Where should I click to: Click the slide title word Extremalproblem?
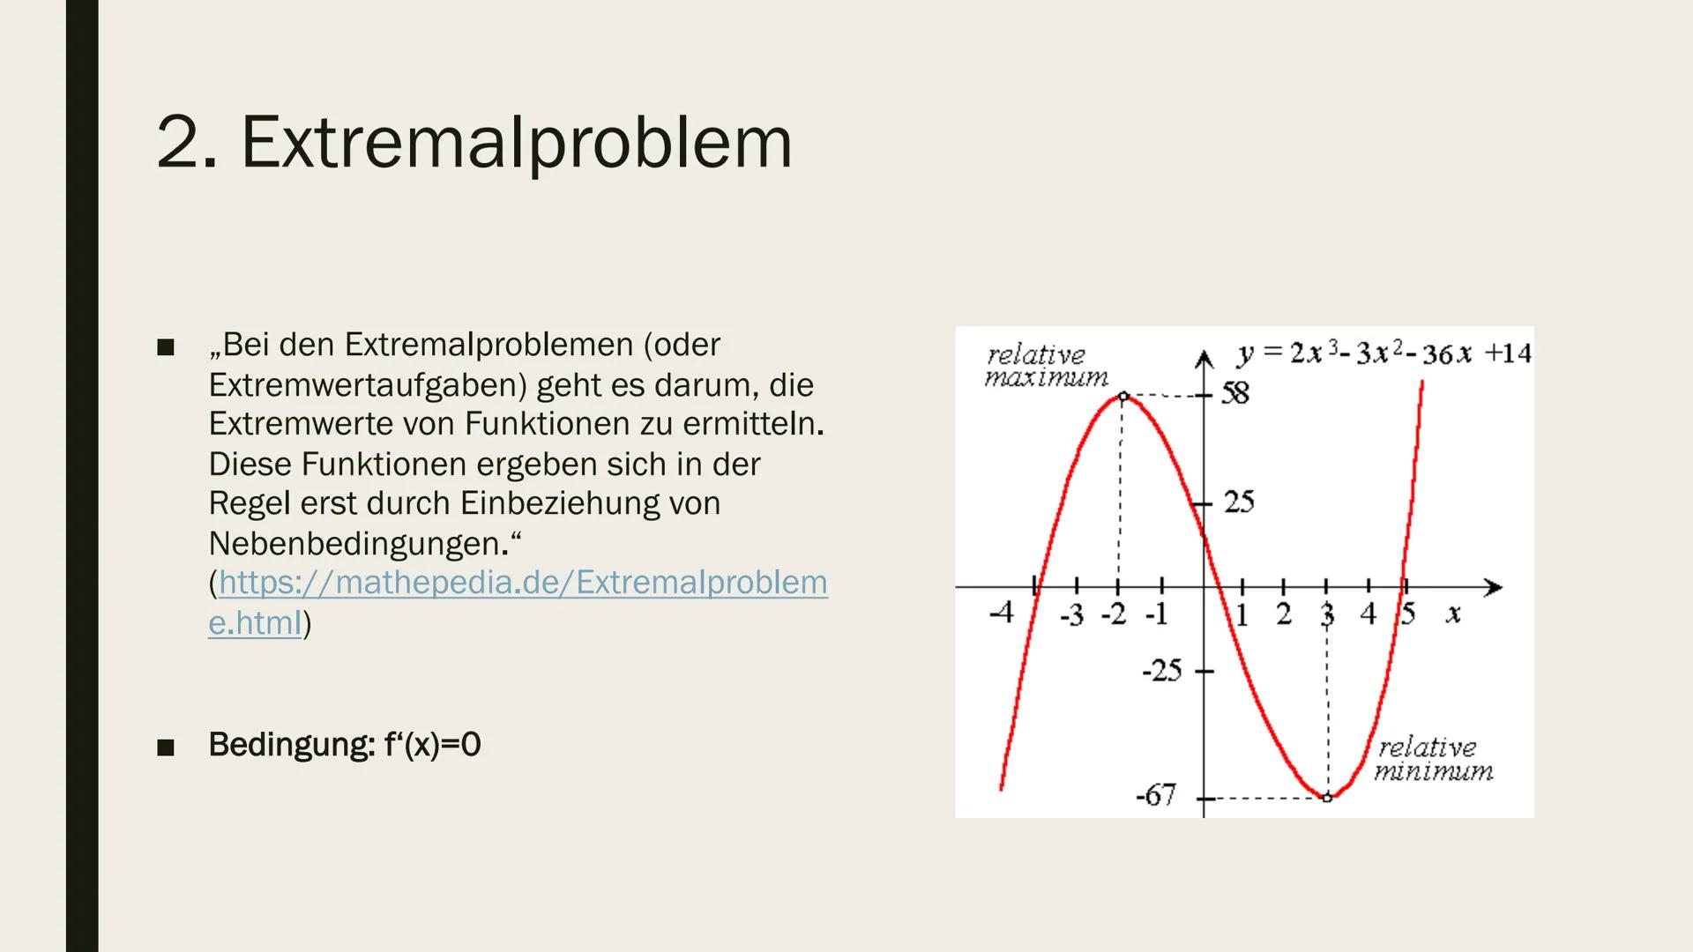517,142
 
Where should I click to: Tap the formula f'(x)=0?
433,745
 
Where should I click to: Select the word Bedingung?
291,745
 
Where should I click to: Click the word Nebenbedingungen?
358,543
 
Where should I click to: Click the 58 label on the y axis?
1235,392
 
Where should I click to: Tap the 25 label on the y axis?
1239,502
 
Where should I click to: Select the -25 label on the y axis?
1162,671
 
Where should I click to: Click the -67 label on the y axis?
1156,796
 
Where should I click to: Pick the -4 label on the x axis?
1001,612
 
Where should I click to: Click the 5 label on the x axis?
1408,614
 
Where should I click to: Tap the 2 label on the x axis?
1284,614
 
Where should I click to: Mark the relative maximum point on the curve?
1122,397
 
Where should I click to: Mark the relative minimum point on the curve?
1327,798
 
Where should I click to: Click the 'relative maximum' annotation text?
1046,367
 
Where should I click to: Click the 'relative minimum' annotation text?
1432,760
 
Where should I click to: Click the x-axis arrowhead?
1493,587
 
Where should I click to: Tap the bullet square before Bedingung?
165,747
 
